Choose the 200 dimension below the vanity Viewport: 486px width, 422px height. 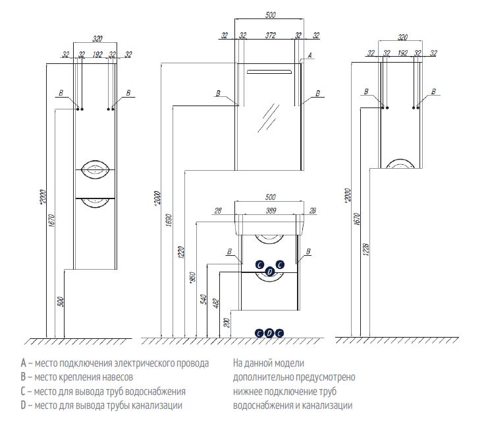(x=227, y=322)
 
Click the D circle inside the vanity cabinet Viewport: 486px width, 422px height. (x=269, y=272)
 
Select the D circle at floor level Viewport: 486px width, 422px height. (x=269, y=333)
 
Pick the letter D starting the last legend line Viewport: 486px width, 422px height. (x=23, y=405)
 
